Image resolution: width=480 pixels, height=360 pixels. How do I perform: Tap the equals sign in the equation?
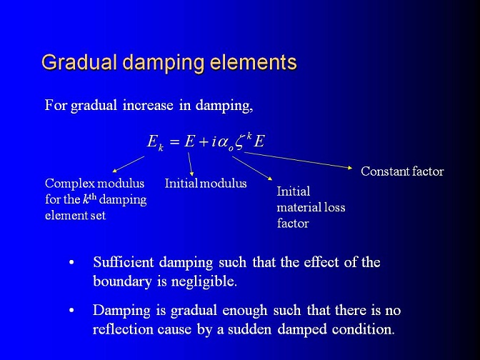coord(174,141)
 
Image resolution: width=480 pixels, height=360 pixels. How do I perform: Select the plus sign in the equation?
coord(204,141)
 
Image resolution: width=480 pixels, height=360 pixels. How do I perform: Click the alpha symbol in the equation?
coord(223,142)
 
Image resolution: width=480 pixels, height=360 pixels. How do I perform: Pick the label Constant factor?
coord(402,171)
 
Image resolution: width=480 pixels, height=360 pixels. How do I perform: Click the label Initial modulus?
coord(206,184)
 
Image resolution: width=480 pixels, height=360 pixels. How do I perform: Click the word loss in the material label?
coord(335,207)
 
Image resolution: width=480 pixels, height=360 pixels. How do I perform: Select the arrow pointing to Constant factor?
coord(298,160)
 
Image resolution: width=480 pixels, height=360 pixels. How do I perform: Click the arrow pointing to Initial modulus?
coord(191,164)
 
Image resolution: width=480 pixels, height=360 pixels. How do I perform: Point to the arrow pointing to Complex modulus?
coord(129,164)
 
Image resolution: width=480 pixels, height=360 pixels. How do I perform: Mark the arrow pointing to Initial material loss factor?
coord(252,168)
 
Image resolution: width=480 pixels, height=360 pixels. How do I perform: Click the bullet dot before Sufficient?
coord(71,263)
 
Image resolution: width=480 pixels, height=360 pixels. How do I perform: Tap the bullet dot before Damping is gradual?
coord(71,311)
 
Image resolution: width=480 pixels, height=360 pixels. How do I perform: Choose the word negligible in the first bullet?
coord(204,281)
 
